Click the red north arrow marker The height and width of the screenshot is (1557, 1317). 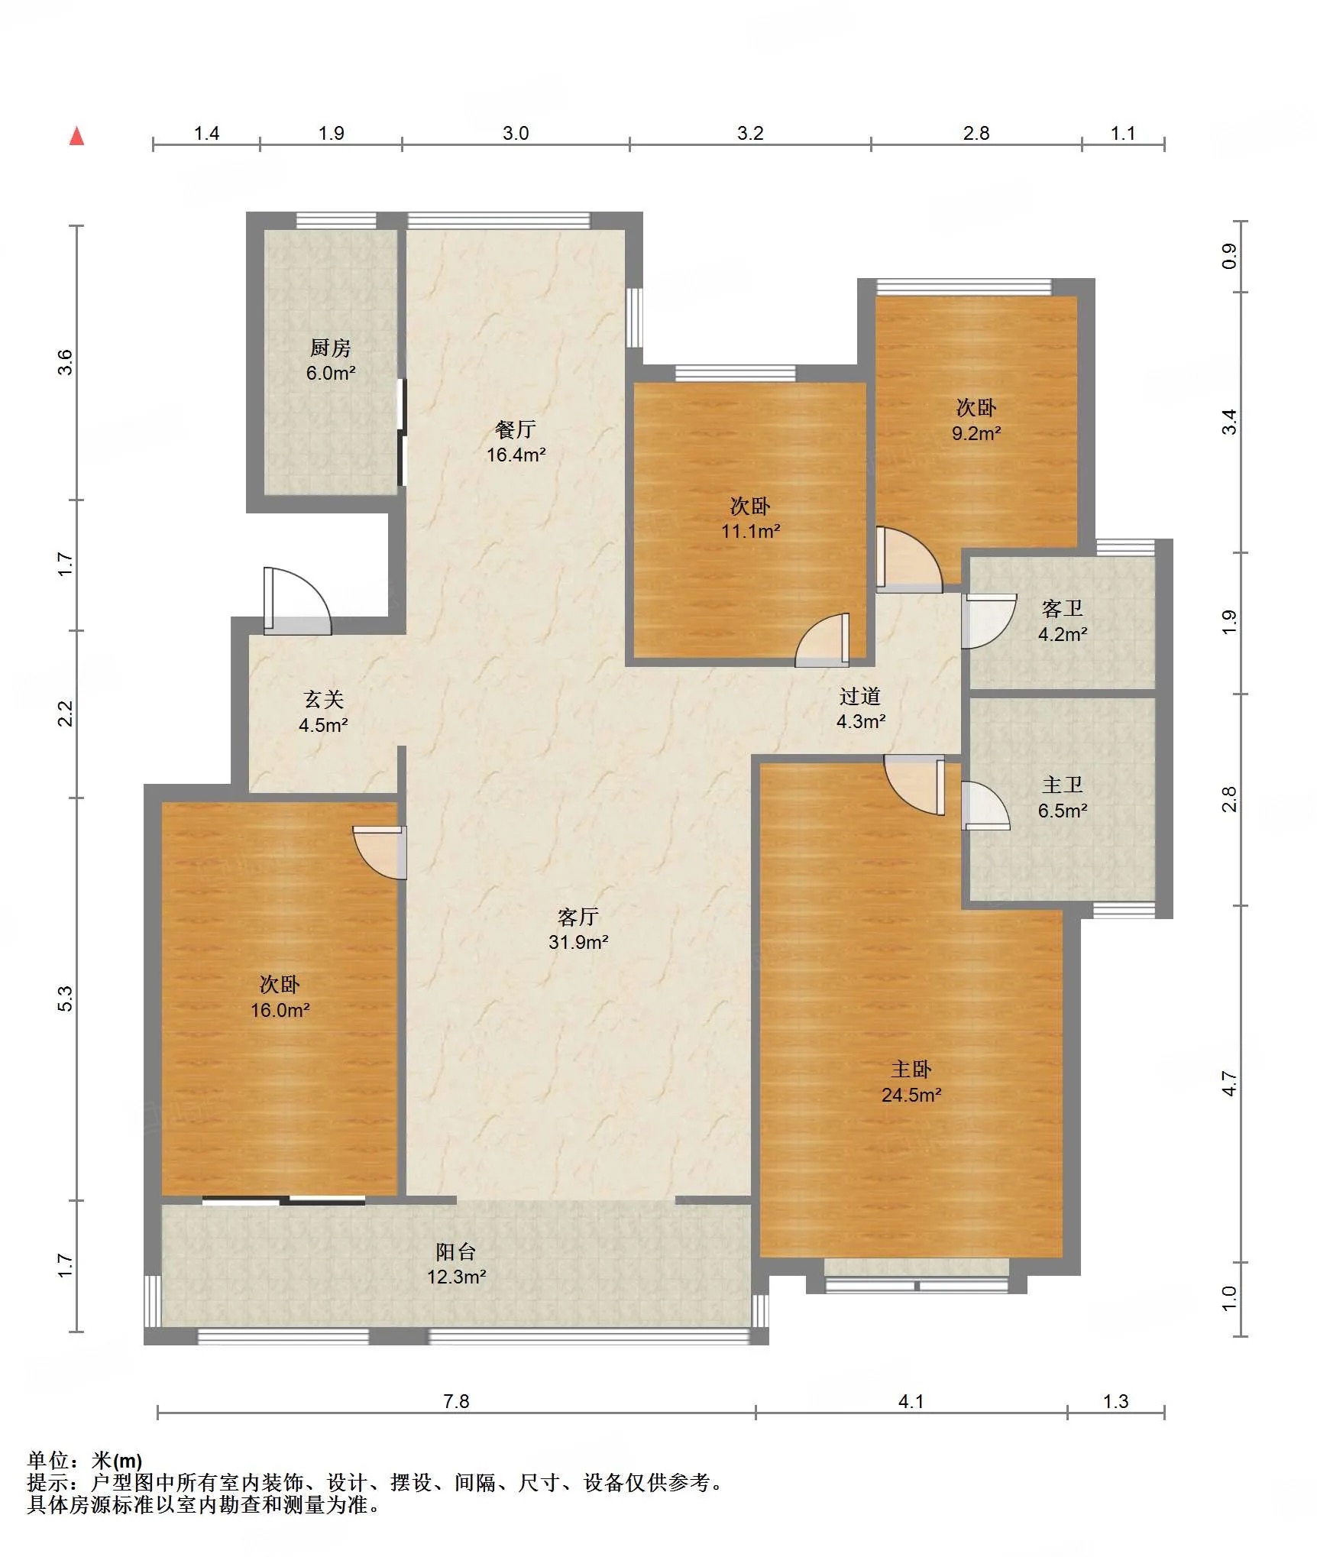pos(76,136)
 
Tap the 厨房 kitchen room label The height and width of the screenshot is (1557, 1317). pos(331,348)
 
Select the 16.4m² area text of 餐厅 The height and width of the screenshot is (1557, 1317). pos(516,455)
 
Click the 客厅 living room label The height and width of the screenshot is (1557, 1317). pos(578,917)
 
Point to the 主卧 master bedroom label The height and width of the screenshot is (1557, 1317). pos(911,1070)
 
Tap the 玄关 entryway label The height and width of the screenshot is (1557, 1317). pos(324,699)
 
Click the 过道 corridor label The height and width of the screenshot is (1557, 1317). pos(860,696)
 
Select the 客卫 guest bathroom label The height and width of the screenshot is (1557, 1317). pos(1063,609)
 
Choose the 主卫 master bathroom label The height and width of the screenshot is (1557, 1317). pos(1063,785)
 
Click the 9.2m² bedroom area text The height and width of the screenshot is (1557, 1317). pos(976,434)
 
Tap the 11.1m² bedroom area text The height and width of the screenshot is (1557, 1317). pos(751,532)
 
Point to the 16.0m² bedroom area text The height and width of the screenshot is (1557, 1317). pos(280,1011)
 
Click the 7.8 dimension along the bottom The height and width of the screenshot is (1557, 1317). pos(456,1401)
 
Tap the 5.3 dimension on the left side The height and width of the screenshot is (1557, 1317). pos(66,999)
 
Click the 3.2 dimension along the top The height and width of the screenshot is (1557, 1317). pos(750,134)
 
